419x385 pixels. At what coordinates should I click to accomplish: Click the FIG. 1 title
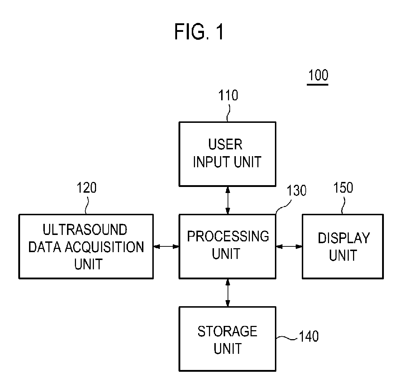[199, 32]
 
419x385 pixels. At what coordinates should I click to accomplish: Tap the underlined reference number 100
[318, 75]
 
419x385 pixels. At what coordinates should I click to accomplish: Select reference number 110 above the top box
[228, 96]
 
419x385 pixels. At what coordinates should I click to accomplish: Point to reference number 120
[86, 188]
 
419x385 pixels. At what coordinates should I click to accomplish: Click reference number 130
[296, 191]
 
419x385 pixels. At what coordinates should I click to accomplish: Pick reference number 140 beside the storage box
[309, 336]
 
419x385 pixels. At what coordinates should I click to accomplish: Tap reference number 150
[343, 188]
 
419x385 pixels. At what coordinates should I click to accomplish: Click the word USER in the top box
[225, 144]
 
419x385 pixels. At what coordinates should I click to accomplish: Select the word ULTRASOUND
[85, 230]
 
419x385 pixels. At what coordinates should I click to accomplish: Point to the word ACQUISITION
[105, 247]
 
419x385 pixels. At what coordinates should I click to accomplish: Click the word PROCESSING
[228, 236]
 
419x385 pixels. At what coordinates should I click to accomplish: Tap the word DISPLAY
[344, 238]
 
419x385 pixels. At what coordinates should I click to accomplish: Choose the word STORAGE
[227, 332]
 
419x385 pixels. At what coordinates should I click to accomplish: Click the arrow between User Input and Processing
[228, 200]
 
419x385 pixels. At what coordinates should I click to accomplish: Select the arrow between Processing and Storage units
[228, 293]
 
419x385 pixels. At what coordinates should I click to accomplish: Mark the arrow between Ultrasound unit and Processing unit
[166, 246]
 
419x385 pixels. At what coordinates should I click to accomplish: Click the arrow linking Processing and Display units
[289, 246]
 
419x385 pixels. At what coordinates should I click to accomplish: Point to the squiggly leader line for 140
[287, 338]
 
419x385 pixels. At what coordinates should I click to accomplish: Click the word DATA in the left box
[45, 247]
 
